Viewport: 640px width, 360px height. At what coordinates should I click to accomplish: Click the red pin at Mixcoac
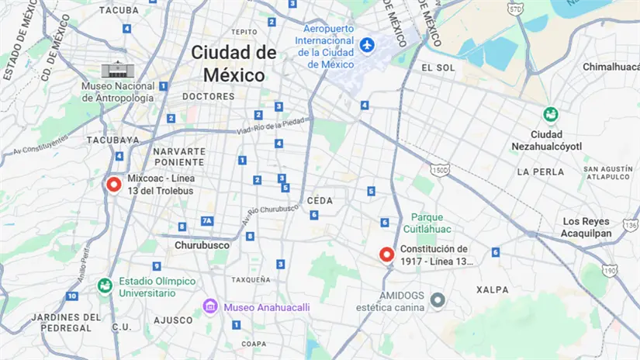point(113,185)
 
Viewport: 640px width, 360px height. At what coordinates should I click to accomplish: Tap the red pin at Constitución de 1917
point(386,254)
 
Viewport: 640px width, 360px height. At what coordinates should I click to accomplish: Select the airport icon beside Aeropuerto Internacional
point(368,45)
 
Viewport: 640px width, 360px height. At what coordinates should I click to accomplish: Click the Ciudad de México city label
point(234,64)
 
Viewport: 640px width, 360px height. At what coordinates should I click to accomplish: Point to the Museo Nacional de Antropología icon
point(112,70)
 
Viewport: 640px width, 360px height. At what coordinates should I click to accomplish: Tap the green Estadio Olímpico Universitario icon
point(103,286)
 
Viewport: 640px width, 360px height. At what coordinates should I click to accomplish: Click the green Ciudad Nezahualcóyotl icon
point(551,115)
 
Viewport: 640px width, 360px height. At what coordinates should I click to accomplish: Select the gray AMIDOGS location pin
point(438,299)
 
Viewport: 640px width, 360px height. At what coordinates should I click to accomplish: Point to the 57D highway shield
point(515,9)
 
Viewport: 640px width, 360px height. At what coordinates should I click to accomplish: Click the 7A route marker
point(207,221)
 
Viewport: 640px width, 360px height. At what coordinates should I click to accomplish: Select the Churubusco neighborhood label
point(202,244)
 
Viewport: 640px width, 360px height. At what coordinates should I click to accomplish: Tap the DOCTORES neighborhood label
point(208,96)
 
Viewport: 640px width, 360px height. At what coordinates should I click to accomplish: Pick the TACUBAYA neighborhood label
point(112,140)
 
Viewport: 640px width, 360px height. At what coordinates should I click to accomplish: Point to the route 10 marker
point(72,296)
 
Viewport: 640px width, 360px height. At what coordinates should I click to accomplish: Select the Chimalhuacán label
point(611,67)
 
